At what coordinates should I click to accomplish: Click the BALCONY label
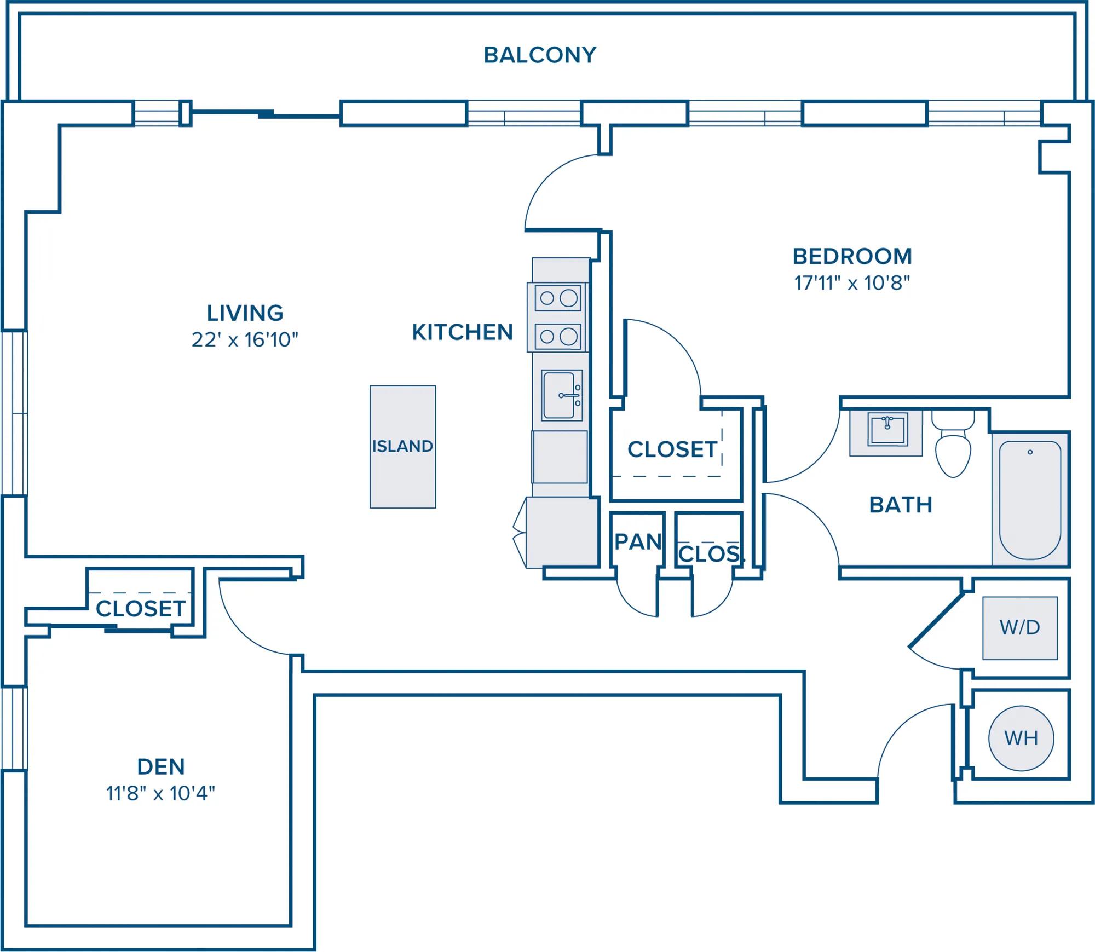tap(540, 55)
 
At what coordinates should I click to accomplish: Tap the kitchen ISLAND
tap(403, 447)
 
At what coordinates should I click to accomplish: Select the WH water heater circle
tap(1021, 738)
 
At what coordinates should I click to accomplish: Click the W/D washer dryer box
tap(1020, 628)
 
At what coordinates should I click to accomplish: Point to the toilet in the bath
tap(953, 444)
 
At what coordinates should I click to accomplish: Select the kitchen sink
tap(562, 395)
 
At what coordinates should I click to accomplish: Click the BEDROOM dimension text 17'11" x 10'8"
tap(852, 283)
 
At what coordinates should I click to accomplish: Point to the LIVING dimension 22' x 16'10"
tap(245, 340)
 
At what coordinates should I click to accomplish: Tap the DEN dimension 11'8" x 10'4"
tap(160, 793)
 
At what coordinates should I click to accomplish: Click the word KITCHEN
tap(463, 332)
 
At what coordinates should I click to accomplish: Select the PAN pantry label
tap(638, 542)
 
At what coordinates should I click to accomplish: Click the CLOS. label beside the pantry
tap(711, 554)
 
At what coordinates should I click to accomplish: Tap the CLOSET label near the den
tap(141, 609)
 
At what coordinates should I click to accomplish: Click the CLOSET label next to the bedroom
tap(672, 449)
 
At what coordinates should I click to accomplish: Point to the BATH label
tap(901, 505)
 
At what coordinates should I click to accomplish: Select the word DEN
tap(161, 767)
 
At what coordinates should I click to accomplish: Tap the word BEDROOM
tap(852, 256)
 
